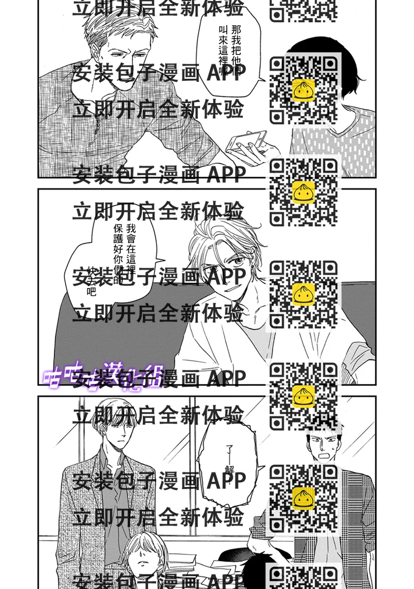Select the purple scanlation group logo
(x=103, y=375)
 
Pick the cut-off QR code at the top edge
(x=303, y=10)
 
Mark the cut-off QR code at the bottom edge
(x=303, y=578)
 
